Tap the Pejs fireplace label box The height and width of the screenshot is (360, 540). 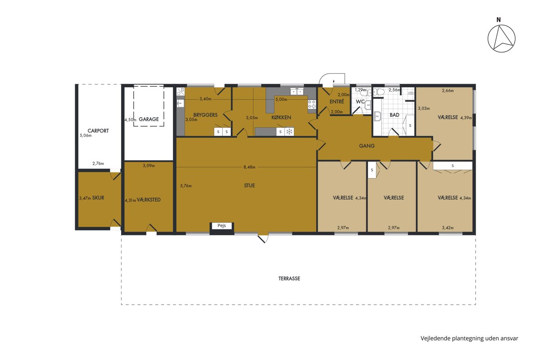point(222,226)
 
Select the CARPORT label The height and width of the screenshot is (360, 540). point(98,130)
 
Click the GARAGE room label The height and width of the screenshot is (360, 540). point(149,119)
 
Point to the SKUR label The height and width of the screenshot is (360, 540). point(98,198)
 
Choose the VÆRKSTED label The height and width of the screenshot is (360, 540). point(148,200)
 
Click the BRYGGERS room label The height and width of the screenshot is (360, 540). point(205,115)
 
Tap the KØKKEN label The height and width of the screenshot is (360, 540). point(281,117)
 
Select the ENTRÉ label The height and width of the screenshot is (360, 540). point(337,102)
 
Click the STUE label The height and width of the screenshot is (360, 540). point(249,185)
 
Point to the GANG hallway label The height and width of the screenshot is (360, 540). point(367,146)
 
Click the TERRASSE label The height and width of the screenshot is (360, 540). point(289,279)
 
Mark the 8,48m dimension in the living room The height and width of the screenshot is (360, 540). point(249,167)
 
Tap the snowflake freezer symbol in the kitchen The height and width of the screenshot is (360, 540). point(289,132)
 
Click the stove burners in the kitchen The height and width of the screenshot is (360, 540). point(312,104)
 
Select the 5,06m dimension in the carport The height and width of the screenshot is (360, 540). point(85,135)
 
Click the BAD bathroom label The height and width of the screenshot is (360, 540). point(394,115)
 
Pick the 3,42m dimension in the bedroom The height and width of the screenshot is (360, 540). point(448,228)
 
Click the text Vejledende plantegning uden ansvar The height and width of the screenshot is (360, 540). point(469,338)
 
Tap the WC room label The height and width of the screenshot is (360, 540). point(360,102)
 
